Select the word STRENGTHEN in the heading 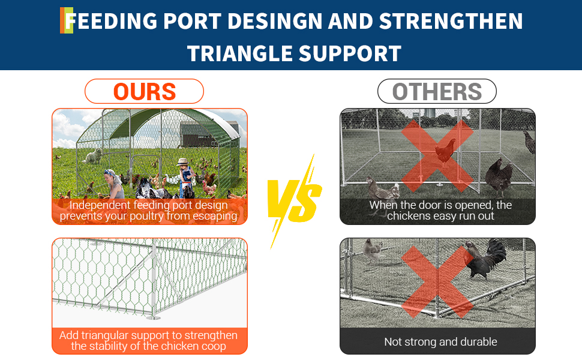451,21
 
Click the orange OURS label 145,91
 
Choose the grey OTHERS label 437,91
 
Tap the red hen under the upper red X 445,151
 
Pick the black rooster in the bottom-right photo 486,258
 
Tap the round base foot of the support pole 153,318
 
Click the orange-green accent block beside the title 67,20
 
